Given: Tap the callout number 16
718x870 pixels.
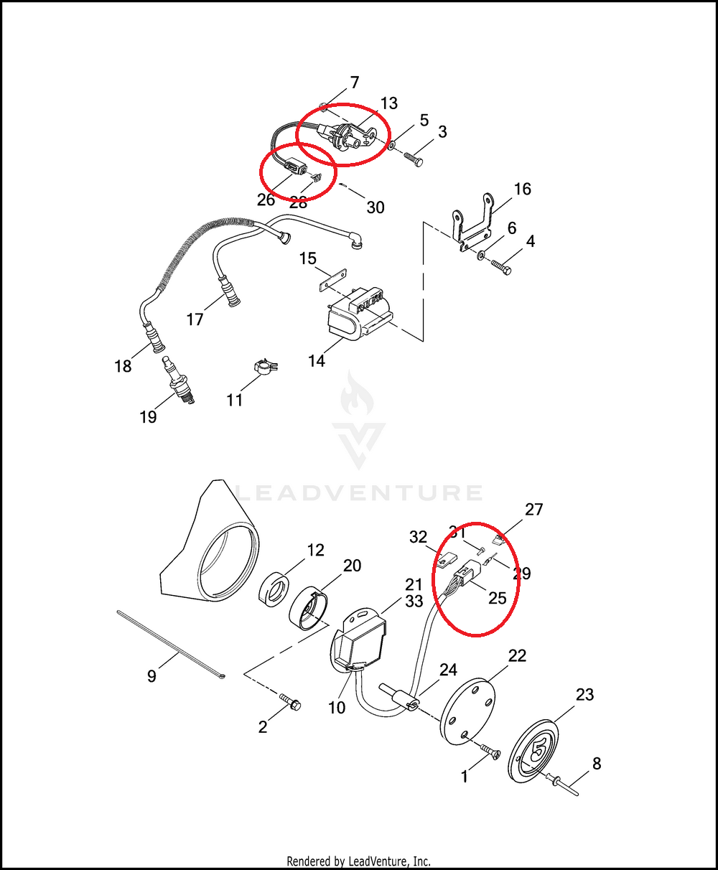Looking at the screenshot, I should [x=523, y=189].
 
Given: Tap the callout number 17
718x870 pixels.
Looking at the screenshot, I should [x=195, y=319].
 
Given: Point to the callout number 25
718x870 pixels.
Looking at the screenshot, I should [x=497, y=597].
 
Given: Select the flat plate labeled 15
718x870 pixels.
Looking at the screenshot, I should [x=332, y=279].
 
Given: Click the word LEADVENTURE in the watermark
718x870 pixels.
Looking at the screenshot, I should [x=359, y=493].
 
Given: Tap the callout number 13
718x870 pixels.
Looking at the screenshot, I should [x=388, y=103].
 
